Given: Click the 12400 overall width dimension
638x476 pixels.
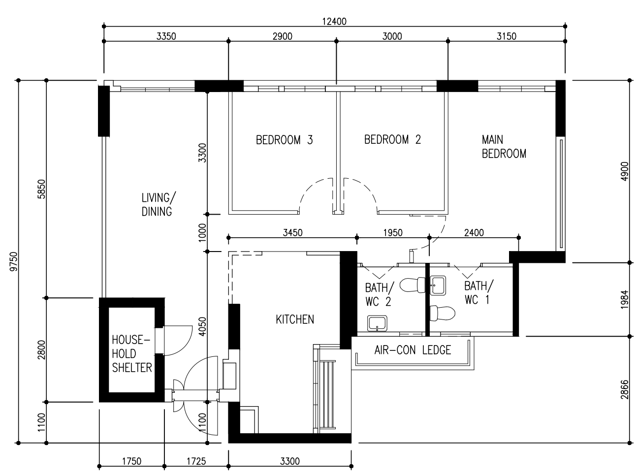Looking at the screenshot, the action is (x=334, y=22).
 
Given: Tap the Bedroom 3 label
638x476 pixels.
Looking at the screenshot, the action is (x=284, y=140).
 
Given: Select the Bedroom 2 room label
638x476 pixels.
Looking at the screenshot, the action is (x=392, y=139).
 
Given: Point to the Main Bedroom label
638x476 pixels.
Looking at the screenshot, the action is (x=504, y=147).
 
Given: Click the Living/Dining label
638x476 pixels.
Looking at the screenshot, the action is (x=159, y=205).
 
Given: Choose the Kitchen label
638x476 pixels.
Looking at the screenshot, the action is (x=295, y=319).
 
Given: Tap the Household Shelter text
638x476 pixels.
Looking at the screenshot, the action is (x=131, y=354).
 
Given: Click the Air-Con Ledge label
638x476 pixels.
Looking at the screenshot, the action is (x=413, y=350).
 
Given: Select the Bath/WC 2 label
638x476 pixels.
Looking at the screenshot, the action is (x=380, y=294).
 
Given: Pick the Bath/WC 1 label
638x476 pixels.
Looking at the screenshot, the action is (x=478, y=292).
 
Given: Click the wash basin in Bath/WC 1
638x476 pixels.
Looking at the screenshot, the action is (x=438, y=286).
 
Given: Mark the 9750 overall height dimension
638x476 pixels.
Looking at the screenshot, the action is (x=14, y=261).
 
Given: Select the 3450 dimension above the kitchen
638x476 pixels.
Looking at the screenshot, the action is (x=293, y=233).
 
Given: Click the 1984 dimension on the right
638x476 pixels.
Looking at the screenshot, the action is (x=624, y=299).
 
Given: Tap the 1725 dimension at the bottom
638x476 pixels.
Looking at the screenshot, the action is (x=196, y=461).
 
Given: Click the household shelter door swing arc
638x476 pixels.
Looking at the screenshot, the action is (x=186, y=345).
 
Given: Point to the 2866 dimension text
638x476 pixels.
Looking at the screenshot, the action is (x=624, y=390).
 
